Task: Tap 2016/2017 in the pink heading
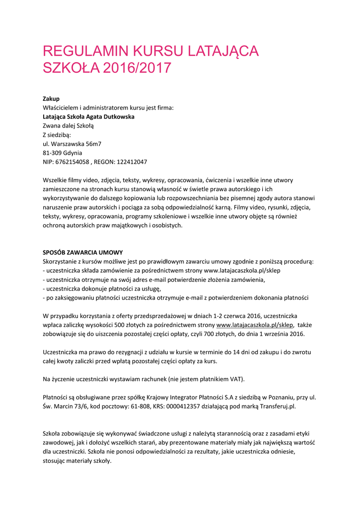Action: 137,68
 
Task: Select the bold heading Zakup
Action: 51,99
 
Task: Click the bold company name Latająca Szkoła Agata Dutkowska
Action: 88,117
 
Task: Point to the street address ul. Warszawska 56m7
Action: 72,144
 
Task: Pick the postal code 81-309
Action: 53,153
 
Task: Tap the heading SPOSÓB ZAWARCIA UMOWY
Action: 83,252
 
